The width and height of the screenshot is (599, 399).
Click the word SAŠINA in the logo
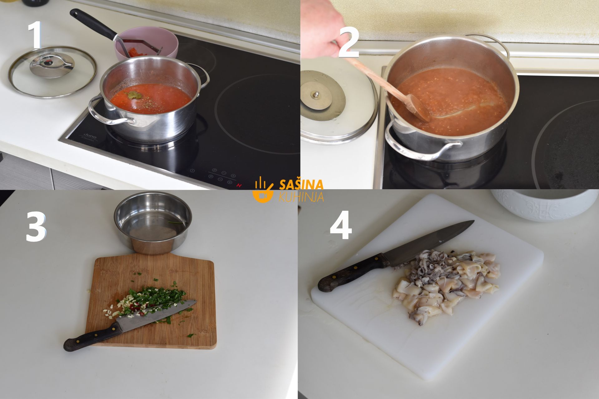(x=301, y=185)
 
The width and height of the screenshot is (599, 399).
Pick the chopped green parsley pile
(x=156, y=296)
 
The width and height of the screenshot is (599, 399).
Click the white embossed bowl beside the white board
(x=544, y=204)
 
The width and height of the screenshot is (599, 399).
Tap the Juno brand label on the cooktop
(x=89, y=137)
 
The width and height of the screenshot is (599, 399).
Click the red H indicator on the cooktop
(x=239, y=185)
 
